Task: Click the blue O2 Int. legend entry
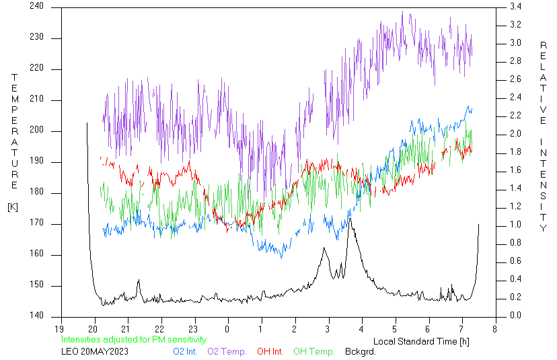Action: click(x=185, y=352)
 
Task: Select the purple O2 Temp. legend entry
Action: click(x=227, y=352)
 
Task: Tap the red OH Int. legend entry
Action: click(x=270, y=352)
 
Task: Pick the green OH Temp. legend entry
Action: click(x=314, y=352)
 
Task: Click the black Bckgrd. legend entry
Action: click(x=360, y=352)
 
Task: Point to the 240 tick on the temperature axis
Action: click(x=36, y=6)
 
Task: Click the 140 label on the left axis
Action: click(x=36, y=315)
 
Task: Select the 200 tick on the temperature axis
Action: click(x=36, y=130)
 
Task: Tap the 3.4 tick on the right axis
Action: click(x=515, y=7)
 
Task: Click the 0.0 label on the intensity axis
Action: click(x=515, y=315)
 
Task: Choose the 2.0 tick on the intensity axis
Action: click(x=515, y=134)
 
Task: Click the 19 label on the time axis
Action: click(x=59, y=329)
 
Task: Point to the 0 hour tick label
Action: click(x=227, y=329)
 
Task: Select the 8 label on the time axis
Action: click(x=495, y=329)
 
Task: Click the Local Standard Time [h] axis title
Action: click(x=421, y=342)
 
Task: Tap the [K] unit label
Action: click(x=13, y=207)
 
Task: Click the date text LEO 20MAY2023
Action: click(x=95, y=352)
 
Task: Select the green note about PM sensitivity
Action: click(x=134, y=340)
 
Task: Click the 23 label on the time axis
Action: click(x=193, y=329)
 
